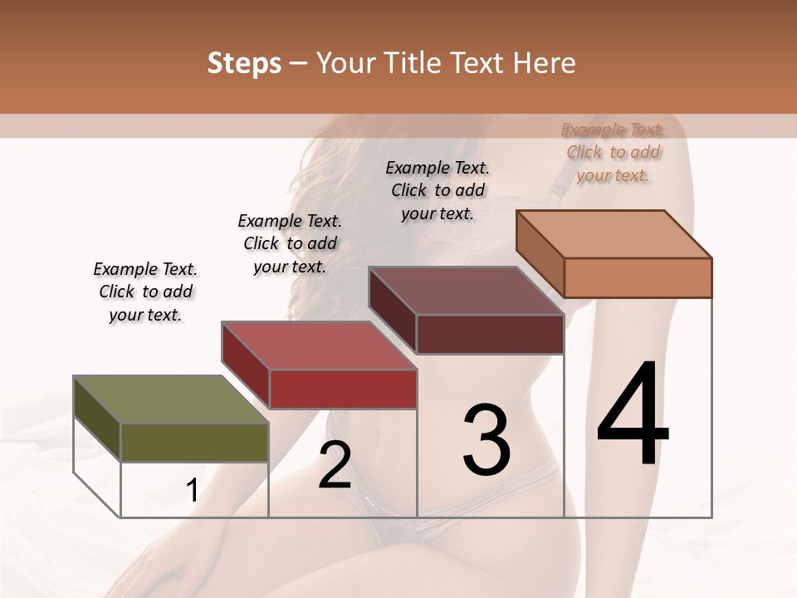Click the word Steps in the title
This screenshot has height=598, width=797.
coord(244,63)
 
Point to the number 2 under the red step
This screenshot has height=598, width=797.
coord(335,465)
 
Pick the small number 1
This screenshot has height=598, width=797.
coord(192,491)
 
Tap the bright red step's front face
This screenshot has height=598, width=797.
coord(342,389)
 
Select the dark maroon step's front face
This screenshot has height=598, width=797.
coord(490,334)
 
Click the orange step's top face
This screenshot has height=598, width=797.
coord(614,233)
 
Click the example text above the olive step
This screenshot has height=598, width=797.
coord(144,292)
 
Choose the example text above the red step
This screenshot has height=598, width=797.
coord(290,244)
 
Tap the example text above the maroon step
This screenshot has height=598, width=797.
coord(438,191)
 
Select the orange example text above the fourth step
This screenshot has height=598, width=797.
coord(614,153)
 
